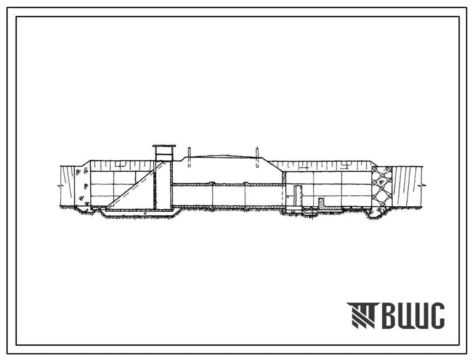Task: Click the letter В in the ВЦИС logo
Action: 389,315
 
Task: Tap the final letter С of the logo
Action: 436,315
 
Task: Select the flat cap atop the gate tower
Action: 164,146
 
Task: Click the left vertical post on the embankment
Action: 189,157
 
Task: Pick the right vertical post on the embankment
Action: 257,157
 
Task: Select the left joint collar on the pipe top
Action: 213,183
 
